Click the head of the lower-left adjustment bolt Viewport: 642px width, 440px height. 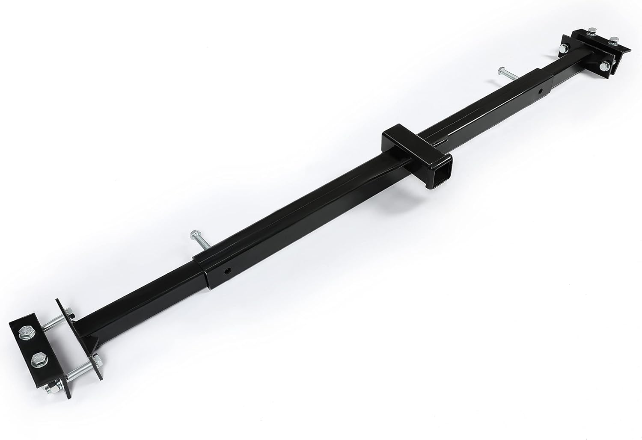click(x=191, y=233)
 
